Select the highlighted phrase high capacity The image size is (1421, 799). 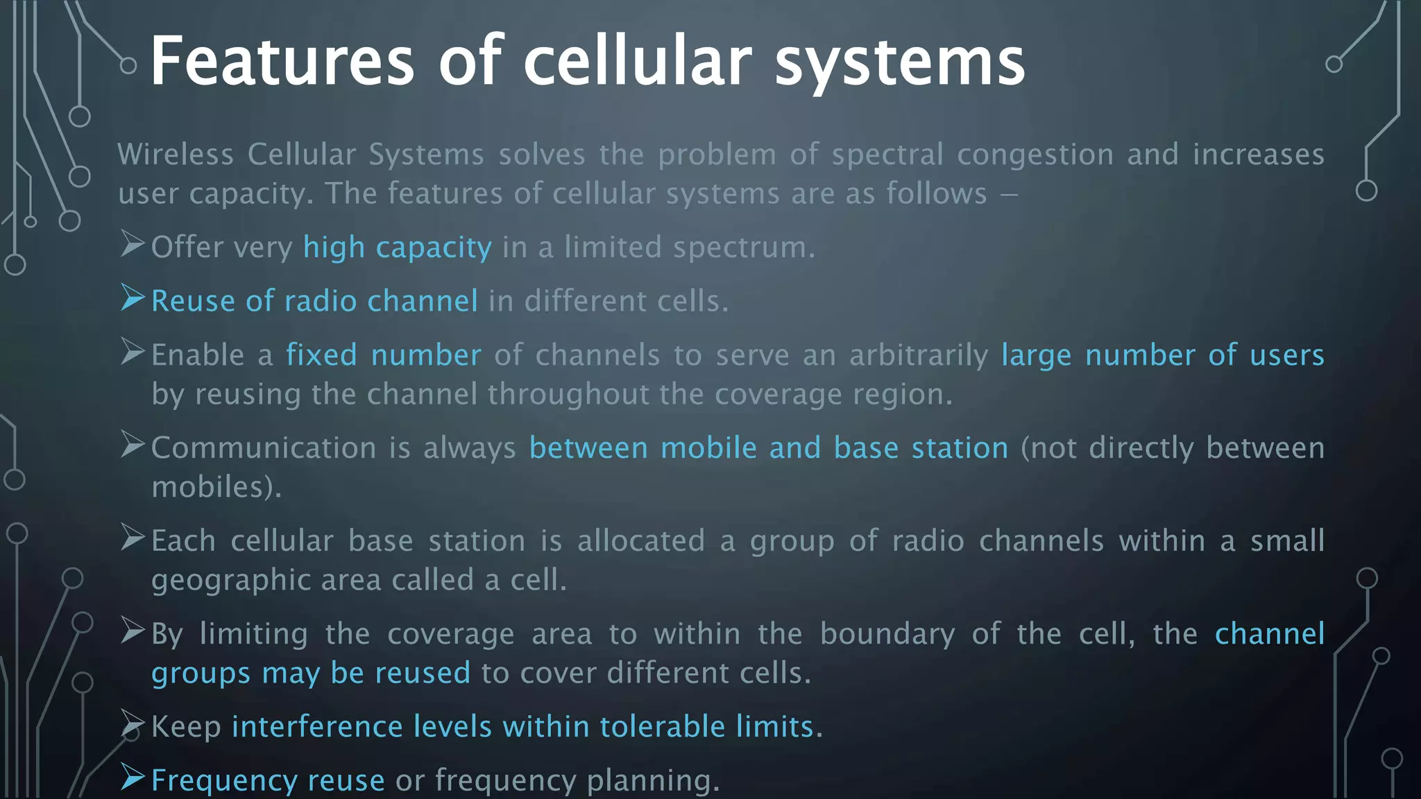point(397,248)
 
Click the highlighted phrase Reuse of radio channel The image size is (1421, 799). point(314,301)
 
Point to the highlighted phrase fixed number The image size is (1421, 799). point(384,355)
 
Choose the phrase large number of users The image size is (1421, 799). point(1162,355)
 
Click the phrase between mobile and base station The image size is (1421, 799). point(768,448)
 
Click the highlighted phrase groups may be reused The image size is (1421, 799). point(311,673)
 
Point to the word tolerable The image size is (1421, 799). point(662,727)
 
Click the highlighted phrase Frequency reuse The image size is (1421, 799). point(268,780)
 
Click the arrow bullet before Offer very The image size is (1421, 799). point(132,244)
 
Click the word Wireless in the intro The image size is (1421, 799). point(176,154)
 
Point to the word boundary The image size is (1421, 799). point(887,635)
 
